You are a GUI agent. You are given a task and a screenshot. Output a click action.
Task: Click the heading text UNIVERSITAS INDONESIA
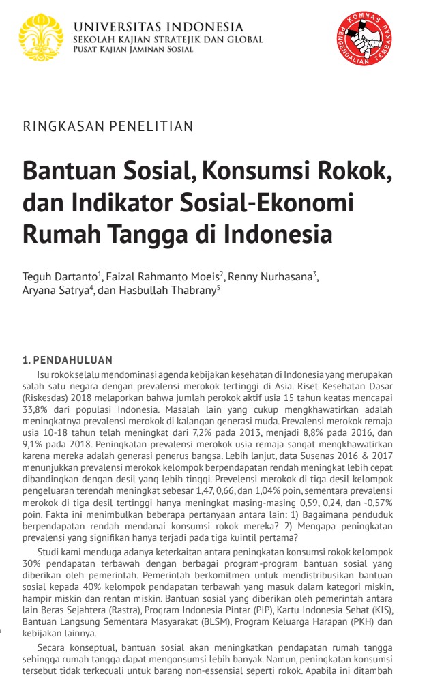(x=158, y=27)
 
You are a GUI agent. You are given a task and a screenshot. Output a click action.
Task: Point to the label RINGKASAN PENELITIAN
(x=108, y=126)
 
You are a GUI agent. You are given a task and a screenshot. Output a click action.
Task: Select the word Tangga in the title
(x=140, y=235)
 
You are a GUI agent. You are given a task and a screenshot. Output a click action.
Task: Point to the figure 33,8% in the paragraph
(x=38, y=408)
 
